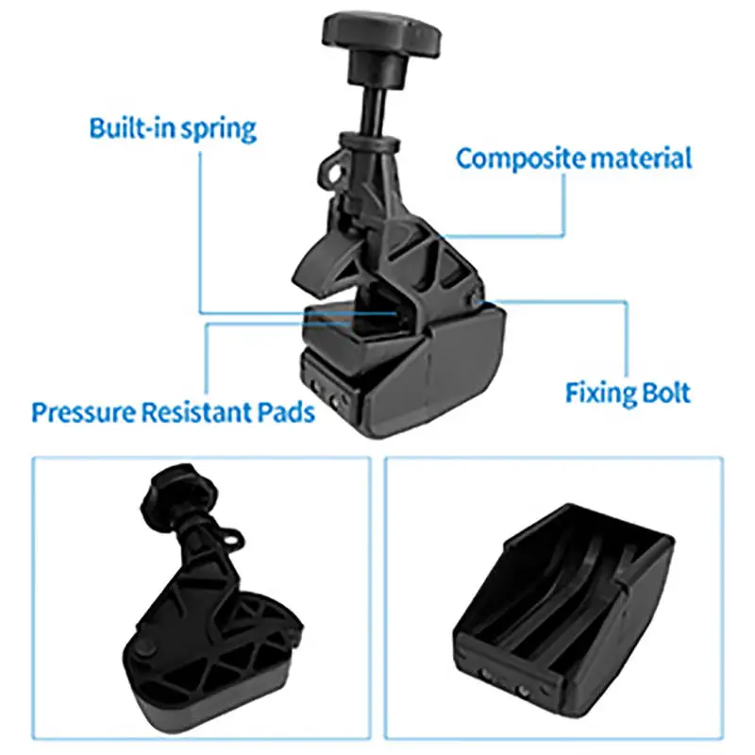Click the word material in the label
(x=642, y=157)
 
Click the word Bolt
(x=666, y=392)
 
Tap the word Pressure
(x=83, y=412)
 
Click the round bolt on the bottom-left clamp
(x=149, y=651)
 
